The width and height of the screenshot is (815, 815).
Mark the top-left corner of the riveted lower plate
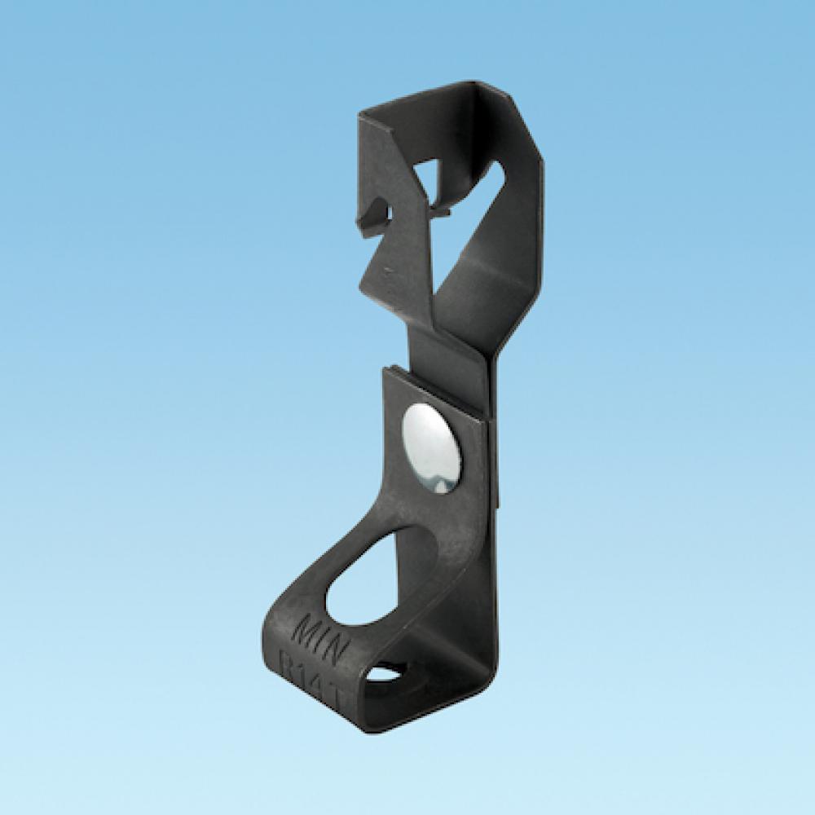[x=384, y=369]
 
